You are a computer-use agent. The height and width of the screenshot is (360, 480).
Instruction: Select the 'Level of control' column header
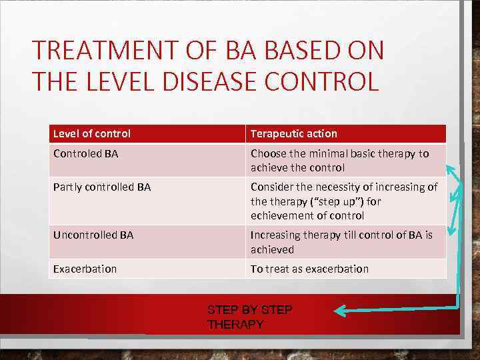click(x=92, y=133)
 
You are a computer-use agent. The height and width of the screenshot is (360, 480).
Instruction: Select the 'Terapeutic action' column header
click(x=294, y=133)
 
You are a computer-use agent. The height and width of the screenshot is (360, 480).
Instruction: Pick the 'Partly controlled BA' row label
click(x=102, y=187)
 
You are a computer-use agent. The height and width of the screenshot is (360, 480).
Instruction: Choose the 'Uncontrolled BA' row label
click(x=93, y=235)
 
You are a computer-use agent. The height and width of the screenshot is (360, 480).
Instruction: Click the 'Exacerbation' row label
click(x=85, y=269)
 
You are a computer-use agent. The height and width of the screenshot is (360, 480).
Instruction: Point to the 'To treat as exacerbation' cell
click(x=309, y=269)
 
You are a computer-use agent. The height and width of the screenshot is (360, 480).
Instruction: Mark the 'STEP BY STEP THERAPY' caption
click(x=249, y=317)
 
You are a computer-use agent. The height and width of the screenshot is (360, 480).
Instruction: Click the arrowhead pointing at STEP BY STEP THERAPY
click(x=339, y=310)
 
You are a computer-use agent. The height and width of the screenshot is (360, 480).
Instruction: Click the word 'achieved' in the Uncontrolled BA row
click(x=272, y=249)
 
